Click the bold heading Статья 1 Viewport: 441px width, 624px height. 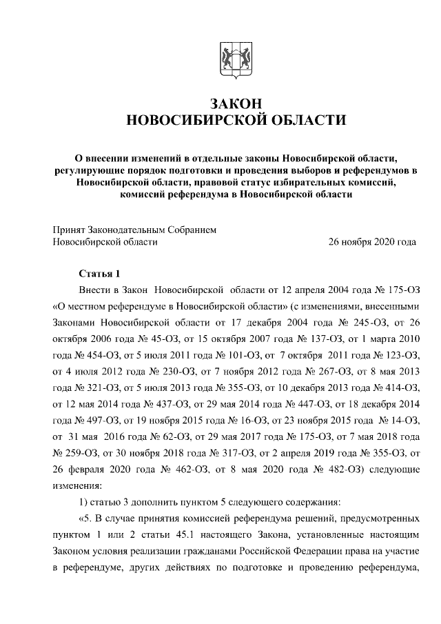[x=99, y=273]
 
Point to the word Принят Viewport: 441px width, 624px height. [x=69, y=230]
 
